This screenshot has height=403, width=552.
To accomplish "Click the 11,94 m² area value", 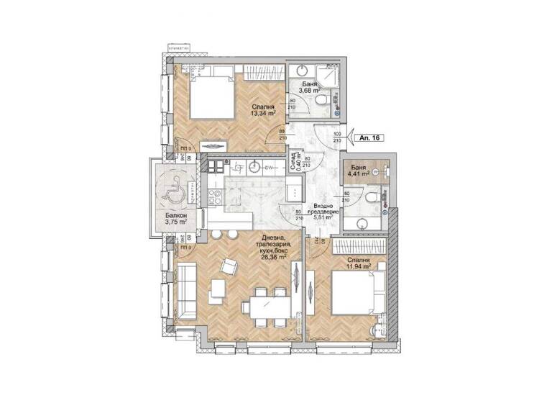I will (x=357, y=266).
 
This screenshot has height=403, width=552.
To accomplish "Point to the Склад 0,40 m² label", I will (x=292, y=166).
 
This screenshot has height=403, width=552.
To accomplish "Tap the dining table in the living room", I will (x=265, y=302).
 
